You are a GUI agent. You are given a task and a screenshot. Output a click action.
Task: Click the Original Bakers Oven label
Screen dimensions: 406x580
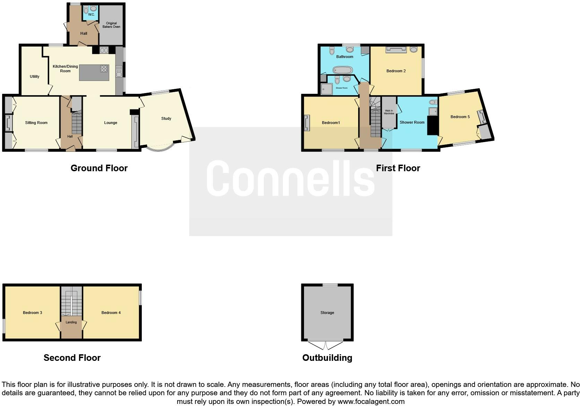(111, 25)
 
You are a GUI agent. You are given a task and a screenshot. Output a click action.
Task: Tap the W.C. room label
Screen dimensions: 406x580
(91, 15)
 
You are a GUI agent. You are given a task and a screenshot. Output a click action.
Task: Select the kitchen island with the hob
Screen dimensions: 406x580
(94, 73)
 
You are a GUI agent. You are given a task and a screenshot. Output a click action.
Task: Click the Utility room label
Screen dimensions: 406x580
(35, 76)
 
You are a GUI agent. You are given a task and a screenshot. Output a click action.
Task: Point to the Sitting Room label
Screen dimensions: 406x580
(36, 123)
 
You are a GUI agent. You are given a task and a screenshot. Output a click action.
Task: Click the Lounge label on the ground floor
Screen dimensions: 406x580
(111, 123)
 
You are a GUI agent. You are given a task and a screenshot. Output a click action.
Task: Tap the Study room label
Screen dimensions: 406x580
(166, 118)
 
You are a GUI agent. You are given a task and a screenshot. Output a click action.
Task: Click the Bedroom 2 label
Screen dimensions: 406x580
(396, 71)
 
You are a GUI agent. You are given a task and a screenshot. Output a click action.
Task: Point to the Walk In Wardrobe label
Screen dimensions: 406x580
(389, 112)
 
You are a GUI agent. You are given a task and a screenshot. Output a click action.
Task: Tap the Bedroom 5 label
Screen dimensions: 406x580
(460, 117)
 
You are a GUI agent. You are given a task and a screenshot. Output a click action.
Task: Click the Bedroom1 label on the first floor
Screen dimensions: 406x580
(331, 123)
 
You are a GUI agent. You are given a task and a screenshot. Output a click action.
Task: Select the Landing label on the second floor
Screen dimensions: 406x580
(71, 322)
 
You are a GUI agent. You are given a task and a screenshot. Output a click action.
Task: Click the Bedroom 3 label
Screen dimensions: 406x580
(33, 313)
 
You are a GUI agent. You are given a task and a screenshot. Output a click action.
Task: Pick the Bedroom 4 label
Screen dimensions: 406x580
(111, 313)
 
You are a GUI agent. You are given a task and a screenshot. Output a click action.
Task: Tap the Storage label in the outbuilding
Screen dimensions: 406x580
(327, 313)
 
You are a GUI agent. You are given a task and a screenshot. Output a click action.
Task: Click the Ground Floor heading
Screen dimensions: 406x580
(99, 168)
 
